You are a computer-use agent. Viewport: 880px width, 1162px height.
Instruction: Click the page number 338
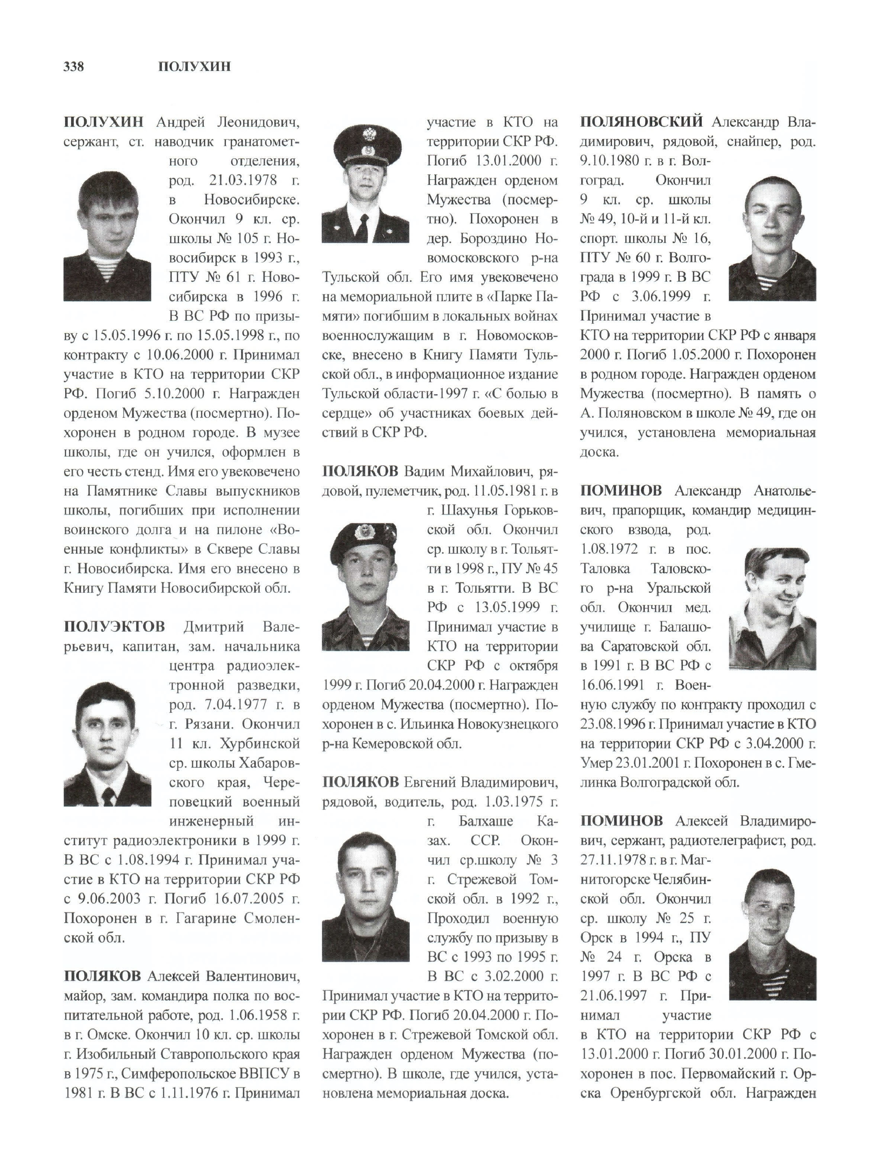coord(74,67)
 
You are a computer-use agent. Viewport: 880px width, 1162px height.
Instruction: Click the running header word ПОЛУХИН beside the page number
coord(194,67)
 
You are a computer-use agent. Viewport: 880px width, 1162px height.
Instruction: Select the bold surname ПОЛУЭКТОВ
coord(114,627)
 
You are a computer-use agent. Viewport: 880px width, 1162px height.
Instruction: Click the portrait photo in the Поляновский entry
coord(772,238)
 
